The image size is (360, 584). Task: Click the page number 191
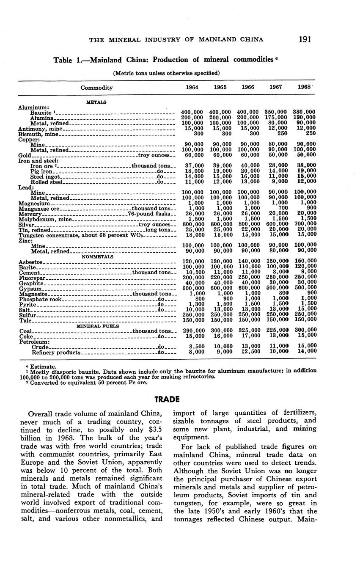[305, 39]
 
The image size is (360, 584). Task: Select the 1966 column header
[247, 88]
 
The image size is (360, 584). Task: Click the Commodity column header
[96, 88]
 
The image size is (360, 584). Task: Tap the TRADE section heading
[167, 399]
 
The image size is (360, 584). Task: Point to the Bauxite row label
[41, 113]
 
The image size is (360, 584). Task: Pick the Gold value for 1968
[306, 155]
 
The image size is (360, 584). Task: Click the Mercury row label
[30, 214]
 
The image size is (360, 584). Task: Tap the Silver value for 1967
[278, 224]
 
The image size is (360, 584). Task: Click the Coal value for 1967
[278, 331]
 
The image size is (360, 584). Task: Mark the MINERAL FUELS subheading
[96, 326]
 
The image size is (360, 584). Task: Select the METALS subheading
[96, 102]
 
